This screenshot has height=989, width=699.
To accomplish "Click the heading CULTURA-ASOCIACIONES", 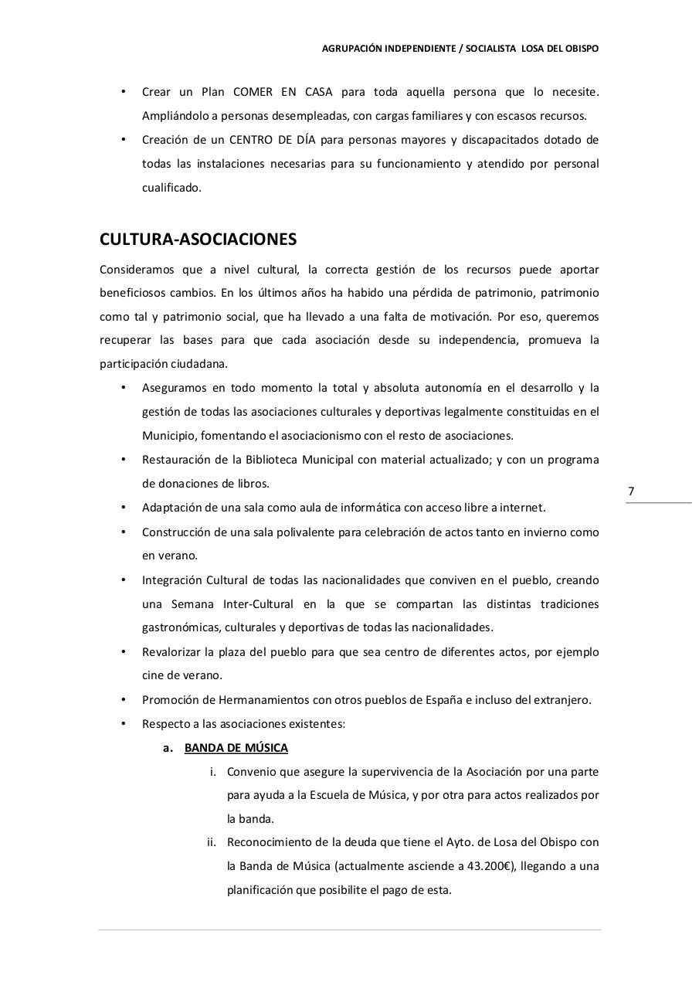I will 198,240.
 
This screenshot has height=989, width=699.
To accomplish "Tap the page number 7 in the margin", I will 631,491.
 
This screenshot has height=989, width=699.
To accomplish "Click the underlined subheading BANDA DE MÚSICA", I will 236,748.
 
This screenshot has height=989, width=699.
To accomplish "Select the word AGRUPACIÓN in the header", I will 351,49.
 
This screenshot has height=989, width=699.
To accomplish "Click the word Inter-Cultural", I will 259,603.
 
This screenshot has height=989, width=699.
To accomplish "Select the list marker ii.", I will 212,842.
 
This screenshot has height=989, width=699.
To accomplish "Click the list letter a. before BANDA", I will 168,748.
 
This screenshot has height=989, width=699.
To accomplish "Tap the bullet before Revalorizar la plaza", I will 124,652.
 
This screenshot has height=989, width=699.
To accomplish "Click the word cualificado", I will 171,188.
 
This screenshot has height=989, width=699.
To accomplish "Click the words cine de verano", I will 182,675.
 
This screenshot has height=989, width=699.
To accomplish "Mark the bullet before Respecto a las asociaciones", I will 124,724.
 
